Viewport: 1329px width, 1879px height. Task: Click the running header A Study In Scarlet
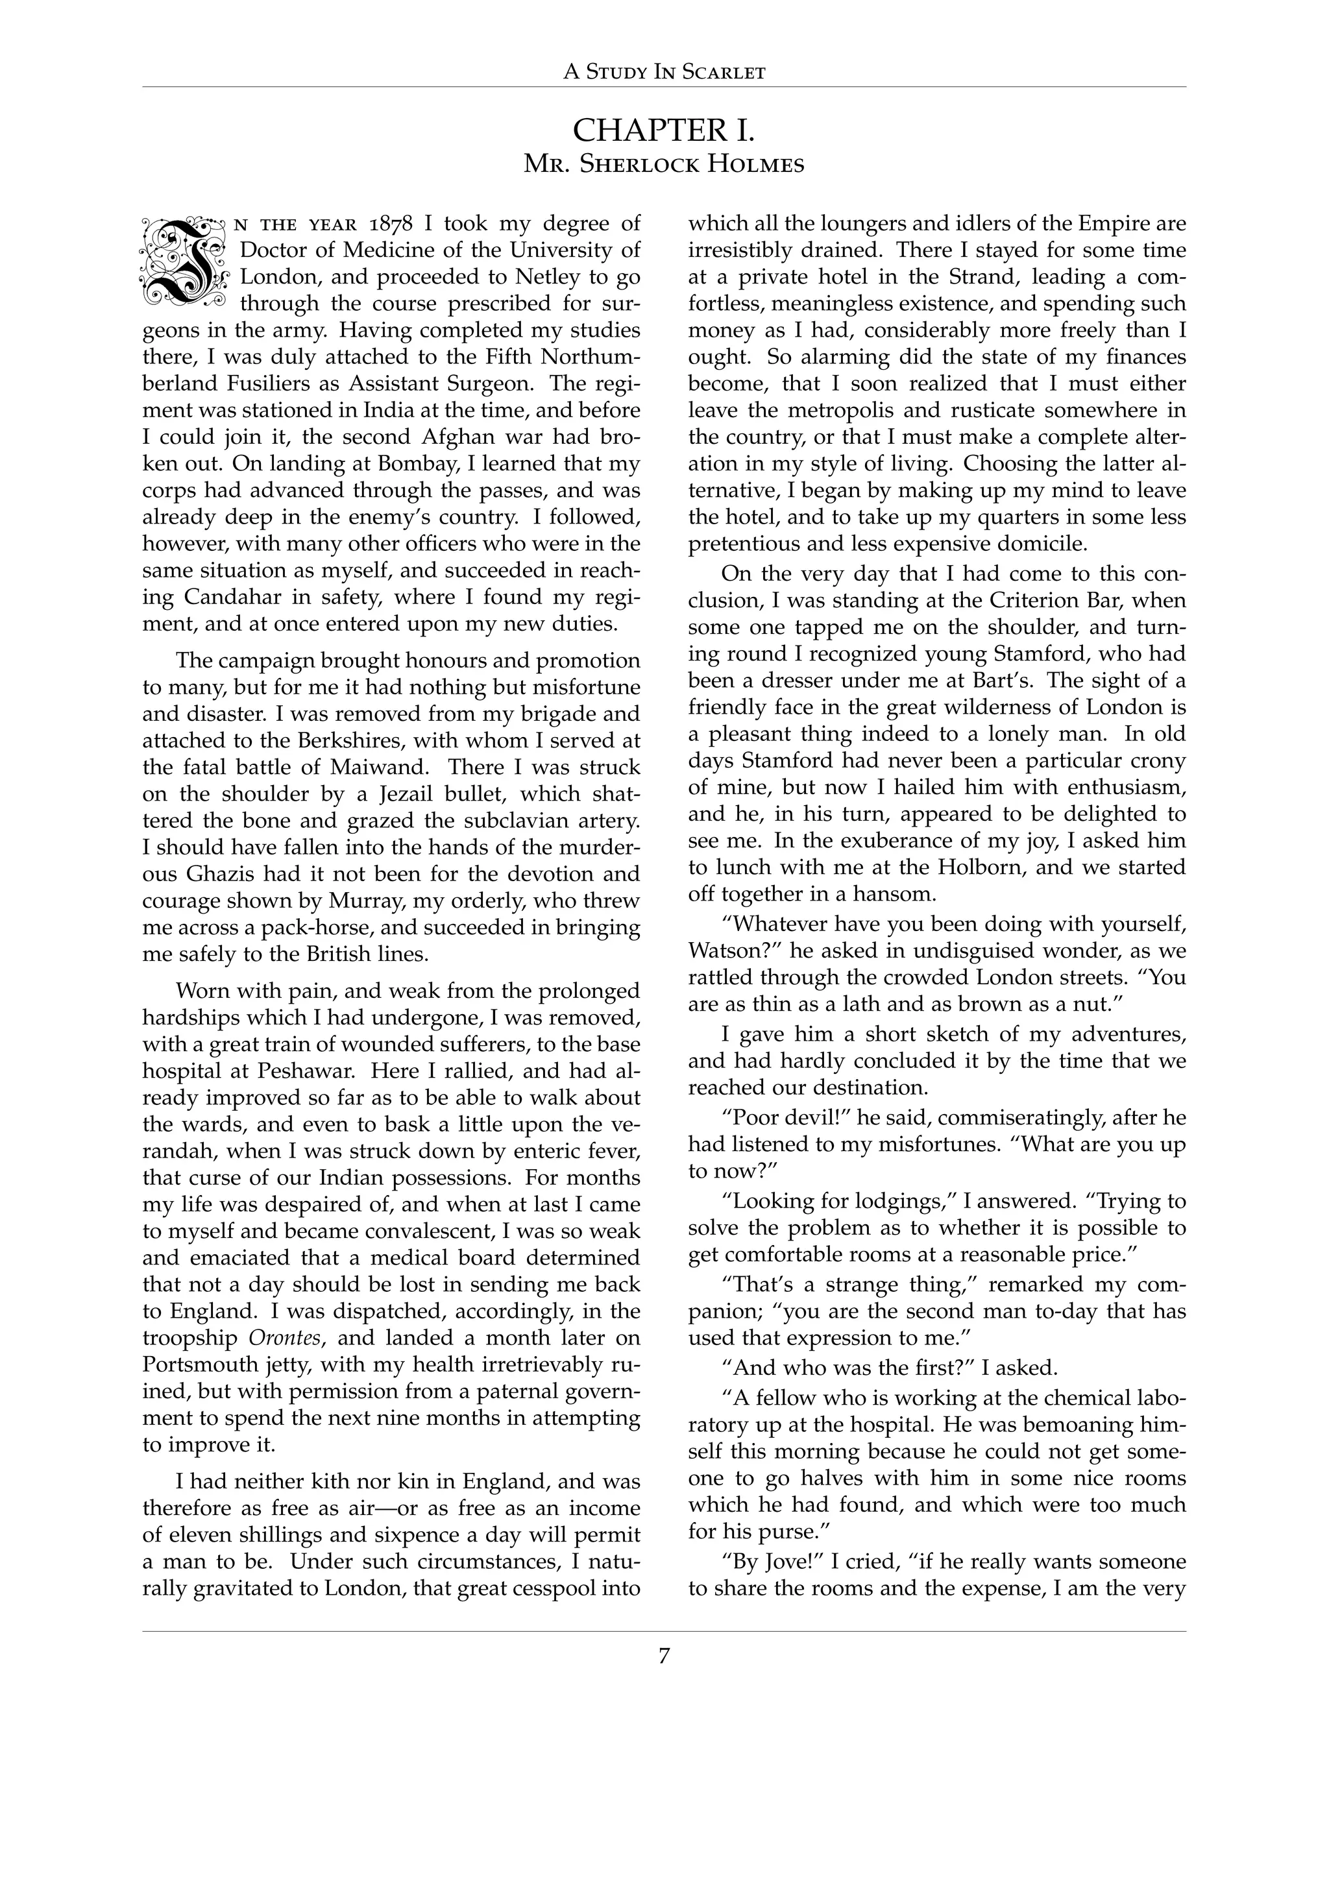tap(664, 72)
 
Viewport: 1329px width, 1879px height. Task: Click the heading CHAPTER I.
tap(664, 131)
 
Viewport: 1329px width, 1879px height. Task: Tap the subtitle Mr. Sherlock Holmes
tap(664, 165)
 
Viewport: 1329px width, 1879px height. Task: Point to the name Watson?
tap(731, 951)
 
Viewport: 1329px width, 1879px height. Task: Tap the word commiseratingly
tap(879, 1118)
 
